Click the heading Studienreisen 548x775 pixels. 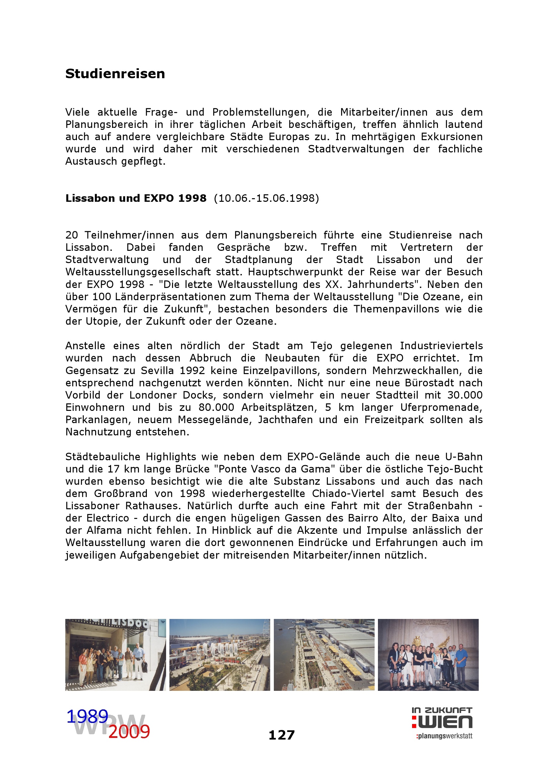click(x=115, y=74)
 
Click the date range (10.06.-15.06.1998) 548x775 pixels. click(x=267, y=198)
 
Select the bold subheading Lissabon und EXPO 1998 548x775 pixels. click(x=136, y=198)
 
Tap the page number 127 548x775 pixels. click(x=281, y=735)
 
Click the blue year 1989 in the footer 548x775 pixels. click(x=87, y=716)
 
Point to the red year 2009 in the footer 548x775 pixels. click(x=129, y=732)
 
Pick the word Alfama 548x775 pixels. click(x=104, y=530)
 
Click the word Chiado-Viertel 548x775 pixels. click(x=348, y=493)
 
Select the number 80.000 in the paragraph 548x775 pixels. click(x=216, y=408)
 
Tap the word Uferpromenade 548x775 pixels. click(x=441, y=408)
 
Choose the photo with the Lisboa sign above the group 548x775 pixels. click(x=115, y=654)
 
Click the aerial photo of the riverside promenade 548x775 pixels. click(x=324, y=654)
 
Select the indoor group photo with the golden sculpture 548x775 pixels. click(x=428, y=654)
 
